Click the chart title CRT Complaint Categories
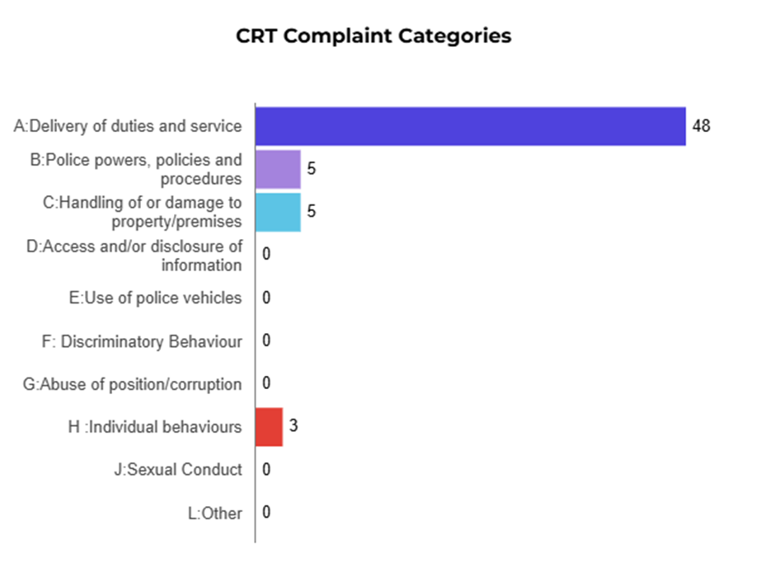(x=373, y=36)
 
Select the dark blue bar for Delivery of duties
(x=471, y=126)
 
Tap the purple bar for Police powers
(x=279, y=169)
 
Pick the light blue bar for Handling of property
(x=279, y=212)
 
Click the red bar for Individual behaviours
(x=270, y=426)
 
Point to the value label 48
(x=702, y=126)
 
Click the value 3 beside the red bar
(x=294, y=425)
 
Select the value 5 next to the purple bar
(x=312, y=168)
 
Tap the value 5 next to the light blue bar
(x=312, y=212)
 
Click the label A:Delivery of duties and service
(x=128, y=126)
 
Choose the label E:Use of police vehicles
(x=156, y=298)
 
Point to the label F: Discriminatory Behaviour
(x=142, y=341)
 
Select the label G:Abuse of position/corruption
(x=133, y=385)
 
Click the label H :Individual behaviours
(x=155, y=427)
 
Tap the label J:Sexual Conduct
(x=178, y=470)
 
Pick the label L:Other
(x=215, y=513)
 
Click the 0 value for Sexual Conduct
(x=266, y=470)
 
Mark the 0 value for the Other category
(x=266, y=513)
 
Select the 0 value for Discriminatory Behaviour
(x=266, y=340)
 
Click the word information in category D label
(x=202, y=265)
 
